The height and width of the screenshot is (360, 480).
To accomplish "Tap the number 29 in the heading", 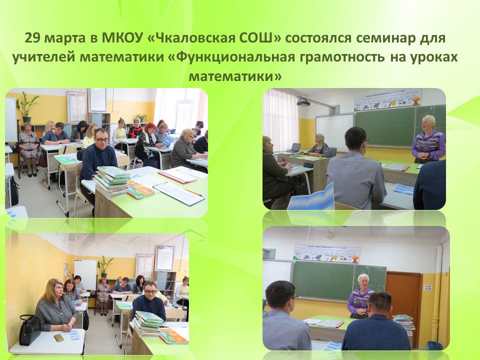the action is click(32, 38).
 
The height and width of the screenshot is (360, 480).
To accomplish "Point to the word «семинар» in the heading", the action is click(387, 39).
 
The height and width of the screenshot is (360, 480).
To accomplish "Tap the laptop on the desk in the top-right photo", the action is click(294, 147).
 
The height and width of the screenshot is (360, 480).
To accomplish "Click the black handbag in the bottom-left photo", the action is click(29, 329).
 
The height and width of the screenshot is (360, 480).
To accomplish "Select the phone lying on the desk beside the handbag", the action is click(58, 337).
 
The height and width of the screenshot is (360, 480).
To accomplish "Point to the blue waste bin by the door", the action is click(434, 345).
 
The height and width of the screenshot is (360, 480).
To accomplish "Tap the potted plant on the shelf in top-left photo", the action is click(26, 107).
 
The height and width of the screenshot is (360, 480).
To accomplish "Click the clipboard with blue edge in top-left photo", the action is click(179, 193).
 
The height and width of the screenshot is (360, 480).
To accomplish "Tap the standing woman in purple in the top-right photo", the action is click(428, 139).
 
